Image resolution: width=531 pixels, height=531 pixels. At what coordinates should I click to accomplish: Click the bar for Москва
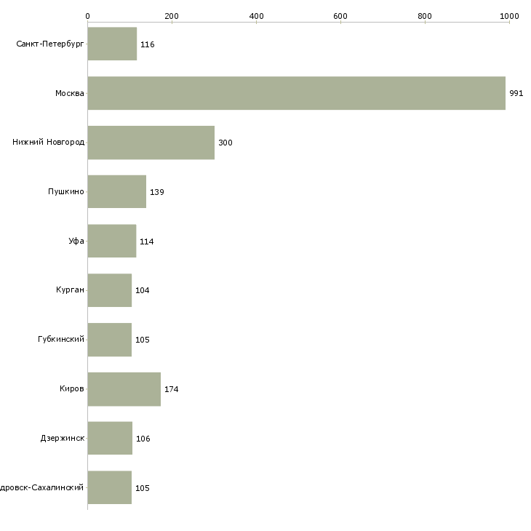(x=296, y=93)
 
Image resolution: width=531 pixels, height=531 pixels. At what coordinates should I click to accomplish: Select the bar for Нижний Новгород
(x=151, y=143)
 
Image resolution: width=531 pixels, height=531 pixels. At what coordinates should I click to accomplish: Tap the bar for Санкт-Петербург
(x=112, y=44)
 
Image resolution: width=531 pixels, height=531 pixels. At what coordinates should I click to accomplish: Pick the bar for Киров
(x=124, y=389)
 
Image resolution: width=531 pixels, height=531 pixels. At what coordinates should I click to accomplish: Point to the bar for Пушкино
(x=116, y=192)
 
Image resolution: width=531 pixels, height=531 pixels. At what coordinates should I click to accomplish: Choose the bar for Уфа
(x=111, y=241)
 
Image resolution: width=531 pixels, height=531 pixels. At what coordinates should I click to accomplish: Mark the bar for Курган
(x=109, y=290)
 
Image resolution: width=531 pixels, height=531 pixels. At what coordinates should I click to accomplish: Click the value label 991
(x=516, y=94)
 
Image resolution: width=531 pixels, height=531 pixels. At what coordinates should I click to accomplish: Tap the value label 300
(x=225, y=143)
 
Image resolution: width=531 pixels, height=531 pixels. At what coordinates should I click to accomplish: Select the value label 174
(x=172, y=389)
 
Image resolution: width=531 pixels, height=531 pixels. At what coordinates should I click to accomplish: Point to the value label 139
(x=157, y=192)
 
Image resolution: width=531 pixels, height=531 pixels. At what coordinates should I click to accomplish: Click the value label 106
(x=143, y=439)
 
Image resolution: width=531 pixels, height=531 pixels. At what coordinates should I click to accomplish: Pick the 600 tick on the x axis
(x=340, y=15)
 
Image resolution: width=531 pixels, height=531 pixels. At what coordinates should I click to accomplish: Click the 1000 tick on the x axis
(x=509, y=15)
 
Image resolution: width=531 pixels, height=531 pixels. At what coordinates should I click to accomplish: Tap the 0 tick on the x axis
(x=87, y=15)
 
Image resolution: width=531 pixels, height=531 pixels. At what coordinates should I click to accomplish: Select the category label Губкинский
(x=61, y=340)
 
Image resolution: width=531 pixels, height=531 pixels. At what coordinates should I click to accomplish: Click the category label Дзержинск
(x=63, y=439)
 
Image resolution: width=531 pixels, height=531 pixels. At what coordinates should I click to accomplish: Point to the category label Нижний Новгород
(x=49, y=143)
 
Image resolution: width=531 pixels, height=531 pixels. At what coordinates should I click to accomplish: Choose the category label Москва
(x=70, y=93)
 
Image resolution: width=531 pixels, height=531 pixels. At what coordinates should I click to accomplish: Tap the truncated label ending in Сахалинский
(x=43, y=488)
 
